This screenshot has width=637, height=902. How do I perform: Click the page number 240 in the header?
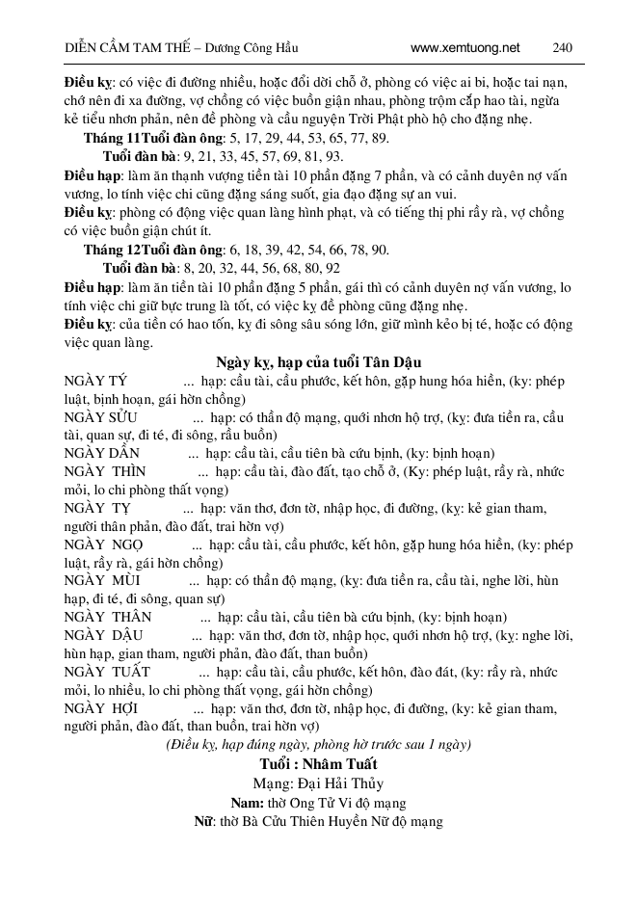[564, 46]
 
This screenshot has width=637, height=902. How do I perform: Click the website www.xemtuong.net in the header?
[464, 46]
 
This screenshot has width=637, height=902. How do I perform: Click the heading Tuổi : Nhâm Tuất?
[317, 764]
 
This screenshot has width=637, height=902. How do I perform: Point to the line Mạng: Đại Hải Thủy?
[317, 783]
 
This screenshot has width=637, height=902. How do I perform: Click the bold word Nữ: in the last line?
[203, 821]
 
